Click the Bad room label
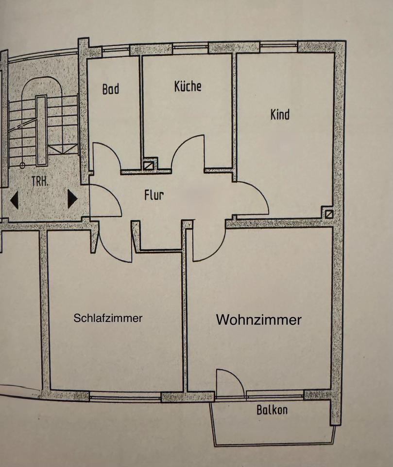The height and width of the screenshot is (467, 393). click(x=111, y=90)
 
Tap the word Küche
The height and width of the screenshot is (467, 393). click(x=188, y=86)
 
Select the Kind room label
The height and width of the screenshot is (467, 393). click(x=280, y=114)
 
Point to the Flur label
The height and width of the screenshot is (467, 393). click(x=154, y=196)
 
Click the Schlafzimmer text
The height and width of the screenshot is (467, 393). click(x=108, y=318)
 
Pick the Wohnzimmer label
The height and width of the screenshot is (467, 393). click(x=258, y=320)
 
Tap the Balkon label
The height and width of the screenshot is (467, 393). click(x=272, y=410)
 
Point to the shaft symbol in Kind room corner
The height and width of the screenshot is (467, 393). click(x=329, y=213)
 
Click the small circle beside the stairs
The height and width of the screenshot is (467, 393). click(x=22, y=165)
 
